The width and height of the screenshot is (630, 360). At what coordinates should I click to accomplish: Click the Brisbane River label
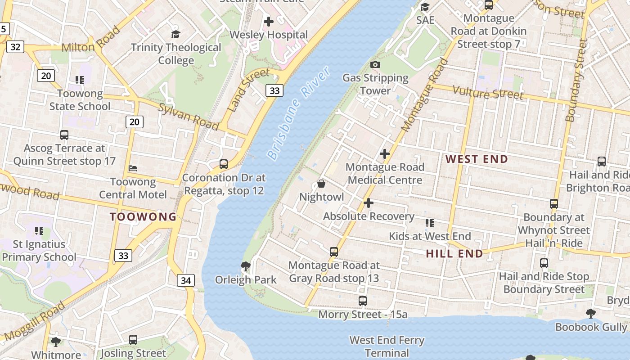coord(298,113)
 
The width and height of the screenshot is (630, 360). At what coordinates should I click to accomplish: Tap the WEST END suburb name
coord(477,159)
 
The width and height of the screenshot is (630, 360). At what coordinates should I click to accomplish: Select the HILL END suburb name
coord(454,253)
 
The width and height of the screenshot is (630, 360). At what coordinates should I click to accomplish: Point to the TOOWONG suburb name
coord(144,216)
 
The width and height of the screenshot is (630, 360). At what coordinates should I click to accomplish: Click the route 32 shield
coord(15,47)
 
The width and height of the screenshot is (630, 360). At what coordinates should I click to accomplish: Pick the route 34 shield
coord(185,281)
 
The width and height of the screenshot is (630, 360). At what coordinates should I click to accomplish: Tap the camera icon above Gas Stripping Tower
coord(375,65)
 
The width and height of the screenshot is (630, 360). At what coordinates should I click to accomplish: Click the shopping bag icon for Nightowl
coord(321,184)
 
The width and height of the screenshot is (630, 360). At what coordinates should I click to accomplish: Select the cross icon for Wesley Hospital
coord(269,21)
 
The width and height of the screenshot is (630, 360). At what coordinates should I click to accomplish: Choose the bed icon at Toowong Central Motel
coord(133,168)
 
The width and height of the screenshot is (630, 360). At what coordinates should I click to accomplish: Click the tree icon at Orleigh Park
coord(245,266)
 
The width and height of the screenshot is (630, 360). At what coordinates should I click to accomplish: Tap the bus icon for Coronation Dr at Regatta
coord(224,164)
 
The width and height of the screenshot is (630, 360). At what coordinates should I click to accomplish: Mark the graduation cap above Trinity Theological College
coord(175,34)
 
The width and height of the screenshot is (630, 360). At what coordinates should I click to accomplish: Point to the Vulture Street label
coord(488,93)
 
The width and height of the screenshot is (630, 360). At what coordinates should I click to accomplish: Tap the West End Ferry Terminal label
coord(387,346)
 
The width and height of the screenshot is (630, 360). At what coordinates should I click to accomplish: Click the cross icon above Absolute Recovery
coord(368,203)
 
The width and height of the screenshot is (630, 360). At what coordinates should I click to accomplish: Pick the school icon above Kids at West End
coord(430,223)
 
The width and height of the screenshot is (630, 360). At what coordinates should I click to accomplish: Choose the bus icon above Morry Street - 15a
coord(362,301)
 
